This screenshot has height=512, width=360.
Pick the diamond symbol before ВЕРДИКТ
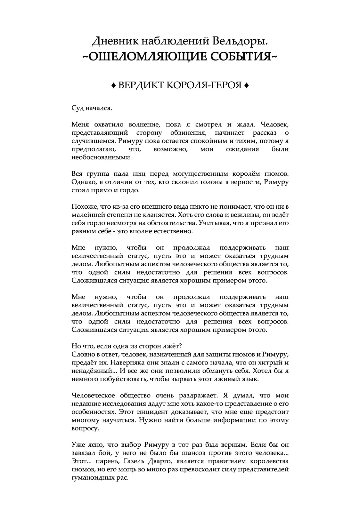coord(113,85)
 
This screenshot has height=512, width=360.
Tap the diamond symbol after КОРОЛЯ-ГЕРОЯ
coord(246,85)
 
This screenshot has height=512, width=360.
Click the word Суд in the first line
coord(77,108)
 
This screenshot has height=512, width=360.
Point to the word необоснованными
coord(101,157)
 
